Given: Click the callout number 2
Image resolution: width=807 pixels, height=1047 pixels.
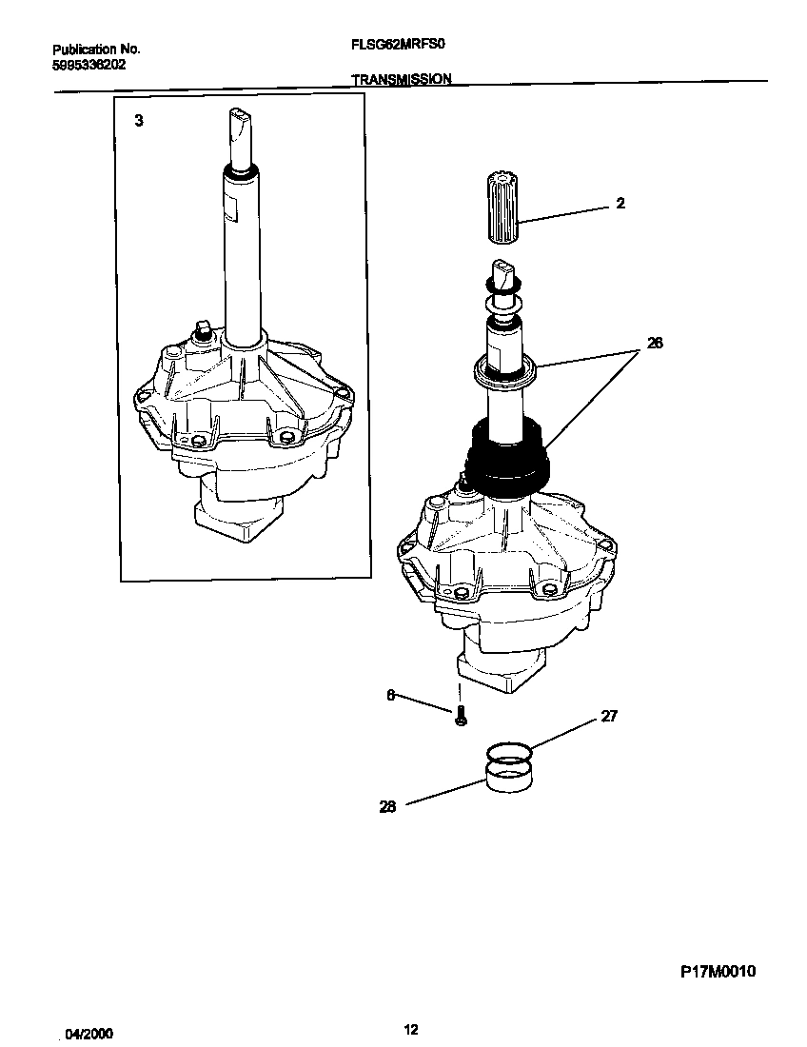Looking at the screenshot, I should [x=620, y=204].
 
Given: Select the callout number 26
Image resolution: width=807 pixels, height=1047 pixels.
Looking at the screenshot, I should [x=655, y=344].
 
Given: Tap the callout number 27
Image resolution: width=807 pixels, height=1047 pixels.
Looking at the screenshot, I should [x=609, y=716].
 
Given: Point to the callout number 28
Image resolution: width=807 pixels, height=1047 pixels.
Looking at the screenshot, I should [x=387, y=806].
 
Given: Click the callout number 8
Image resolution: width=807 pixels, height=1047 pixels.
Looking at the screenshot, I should [x=390, y=696].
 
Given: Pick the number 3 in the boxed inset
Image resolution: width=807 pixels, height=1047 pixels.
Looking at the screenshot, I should [x=139, y=121].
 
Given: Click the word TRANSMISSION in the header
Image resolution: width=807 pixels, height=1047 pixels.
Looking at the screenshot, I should [x=402, y=80].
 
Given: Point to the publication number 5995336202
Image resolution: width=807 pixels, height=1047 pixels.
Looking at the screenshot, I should [x=89, y=66].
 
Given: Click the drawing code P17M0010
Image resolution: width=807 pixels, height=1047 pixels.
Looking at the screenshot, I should [x=718, y=972].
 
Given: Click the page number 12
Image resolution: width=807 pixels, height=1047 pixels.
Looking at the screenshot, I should [x=410, y=1029].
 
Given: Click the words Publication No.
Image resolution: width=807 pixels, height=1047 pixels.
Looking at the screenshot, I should [x=96, y=49].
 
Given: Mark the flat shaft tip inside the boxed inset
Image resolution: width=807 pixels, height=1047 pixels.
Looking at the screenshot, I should [x=236, y=125].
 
